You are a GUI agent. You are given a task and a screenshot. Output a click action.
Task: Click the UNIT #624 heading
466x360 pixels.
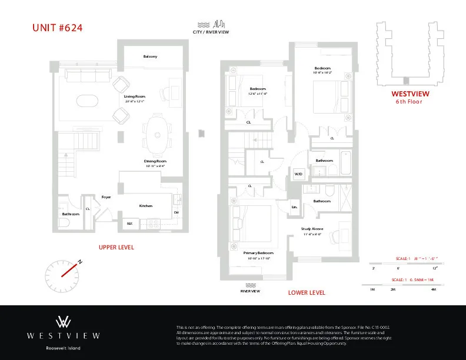point(52,27)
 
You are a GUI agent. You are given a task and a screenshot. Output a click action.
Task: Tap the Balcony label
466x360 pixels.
point(150,56)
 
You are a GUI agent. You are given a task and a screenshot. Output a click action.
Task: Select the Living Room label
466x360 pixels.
point(134,96)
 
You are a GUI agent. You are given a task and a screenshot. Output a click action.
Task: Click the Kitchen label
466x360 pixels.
point(145,206)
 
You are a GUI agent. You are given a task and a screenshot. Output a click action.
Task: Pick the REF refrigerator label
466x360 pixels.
point(129,224)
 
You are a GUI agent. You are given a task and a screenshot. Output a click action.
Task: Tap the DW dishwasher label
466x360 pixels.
point(177,212)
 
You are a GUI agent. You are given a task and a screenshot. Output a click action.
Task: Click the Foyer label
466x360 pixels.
point(106,197)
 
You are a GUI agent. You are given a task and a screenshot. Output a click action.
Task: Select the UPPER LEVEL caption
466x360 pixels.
point(116,248)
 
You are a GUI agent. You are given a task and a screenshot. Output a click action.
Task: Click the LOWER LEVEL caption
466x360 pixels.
point(307,292)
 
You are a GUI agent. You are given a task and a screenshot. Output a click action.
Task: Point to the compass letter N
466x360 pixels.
point(80,262)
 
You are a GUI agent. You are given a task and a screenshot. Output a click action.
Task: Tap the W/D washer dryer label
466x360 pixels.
point(298,174)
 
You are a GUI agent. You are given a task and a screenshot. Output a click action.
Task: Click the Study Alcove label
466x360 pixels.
point(312,228)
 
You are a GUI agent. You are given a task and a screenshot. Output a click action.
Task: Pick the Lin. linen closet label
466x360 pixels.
point(295,207)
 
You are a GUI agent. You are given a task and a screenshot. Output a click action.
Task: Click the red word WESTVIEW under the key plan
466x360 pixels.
point(410,94)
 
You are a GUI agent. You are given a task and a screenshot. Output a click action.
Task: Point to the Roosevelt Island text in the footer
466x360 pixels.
point(64,348)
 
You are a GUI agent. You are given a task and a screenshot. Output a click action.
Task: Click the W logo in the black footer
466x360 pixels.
point(64,322)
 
